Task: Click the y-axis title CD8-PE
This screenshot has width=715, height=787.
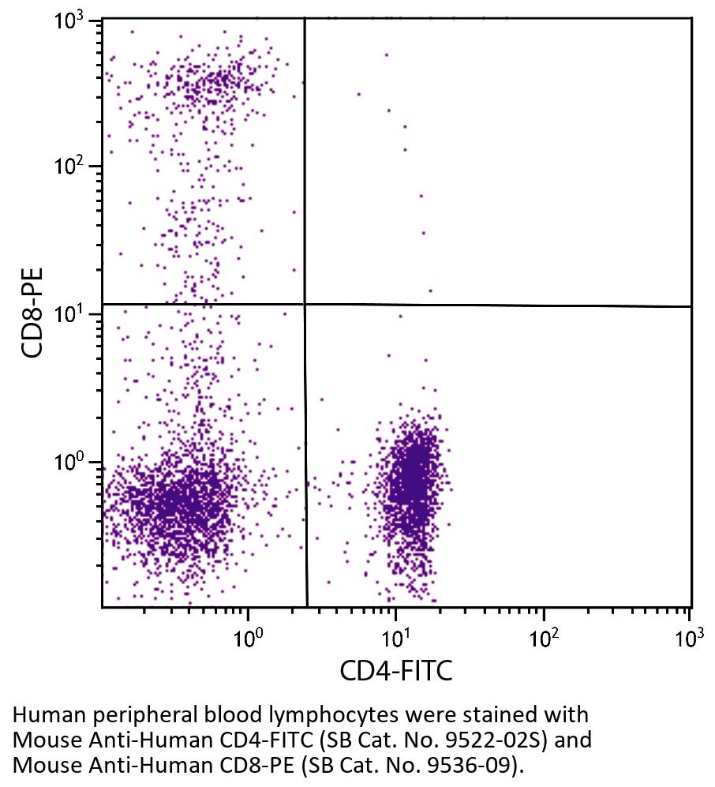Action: (33, 313)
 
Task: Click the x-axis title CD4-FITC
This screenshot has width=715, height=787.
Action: (395, 672)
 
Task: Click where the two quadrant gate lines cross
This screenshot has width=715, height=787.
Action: (305, 304)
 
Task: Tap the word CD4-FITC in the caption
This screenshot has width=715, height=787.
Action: (226, 742)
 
